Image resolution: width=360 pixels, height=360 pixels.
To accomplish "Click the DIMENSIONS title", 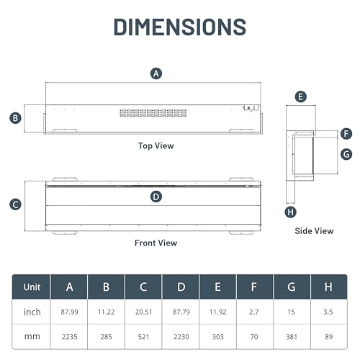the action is [180, 27].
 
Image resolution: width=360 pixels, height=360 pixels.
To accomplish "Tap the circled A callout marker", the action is [156, 73].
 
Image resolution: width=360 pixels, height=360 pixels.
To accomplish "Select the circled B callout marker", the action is [15, 118].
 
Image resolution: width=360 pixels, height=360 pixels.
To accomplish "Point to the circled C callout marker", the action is [15, 204].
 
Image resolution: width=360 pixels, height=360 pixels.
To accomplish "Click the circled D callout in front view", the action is [156, 197].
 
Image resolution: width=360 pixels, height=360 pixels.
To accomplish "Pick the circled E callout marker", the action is [301, 96].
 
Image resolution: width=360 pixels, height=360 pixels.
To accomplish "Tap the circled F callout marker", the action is [346, 134].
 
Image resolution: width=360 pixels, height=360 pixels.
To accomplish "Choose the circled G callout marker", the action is [346, 154].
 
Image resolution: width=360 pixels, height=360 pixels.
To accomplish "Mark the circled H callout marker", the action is [290, 212].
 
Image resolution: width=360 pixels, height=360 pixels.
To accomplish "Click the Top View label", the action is [156, 146].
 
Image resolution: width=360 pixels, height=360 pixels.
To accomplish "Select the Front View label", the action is [156, 243].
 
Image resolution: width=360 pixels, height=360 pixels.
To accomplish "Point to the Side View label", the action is [314, 231].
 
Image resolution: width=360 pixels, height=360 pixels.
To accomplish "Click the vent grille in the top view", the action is [153, 113].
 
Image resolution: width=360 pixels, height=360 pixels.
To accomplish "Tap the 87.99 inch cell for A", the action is [69, 312].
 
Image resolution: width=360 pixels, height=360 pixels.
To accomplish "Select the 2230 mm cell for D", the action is [181, 337].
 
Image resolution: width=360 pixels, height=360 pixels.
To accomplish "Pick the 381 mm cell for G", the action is [292, 337].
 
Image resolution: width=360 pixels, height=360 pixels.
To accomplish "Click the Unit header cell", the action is [32, 287].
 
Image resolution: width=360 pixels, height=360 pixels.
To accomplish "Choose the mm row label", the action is [32, 336].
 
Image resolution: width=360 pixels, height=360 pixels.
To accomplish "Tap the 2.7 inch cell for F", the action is [254, 312].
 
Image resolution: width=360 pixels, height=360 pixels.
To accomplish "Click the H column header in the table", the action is [328, 287].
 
